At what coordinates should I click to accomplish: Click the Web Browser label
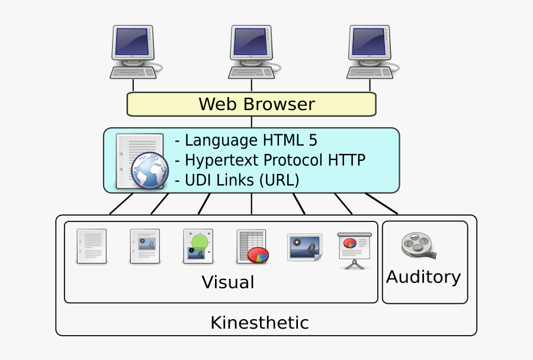click(x=256, y=104)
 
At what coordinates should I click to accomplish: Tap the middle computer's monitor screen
click(x=251, y=42)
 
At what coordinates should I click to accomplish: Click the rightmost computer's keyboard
click(x=370, y=72)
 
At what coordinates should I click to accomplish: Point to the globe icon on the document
click(x=149, y=171)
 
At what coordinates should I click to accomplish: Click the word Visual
click(x=228, y=282)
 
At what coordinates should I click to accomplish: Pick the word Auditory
click(x=423, y=277)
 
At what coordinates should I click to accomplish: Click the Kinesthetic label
click(x=259, y=323)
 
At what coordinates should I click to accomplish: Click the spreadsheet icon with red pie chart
click(x=252, y=246)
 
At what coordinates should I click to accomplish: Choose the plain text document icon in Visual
click(x=92, y=246)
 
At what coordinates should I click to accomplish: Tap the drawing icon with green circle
click(x=198, y=246)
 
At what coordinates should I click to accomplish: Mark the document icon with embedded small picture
click(x=145, y=246)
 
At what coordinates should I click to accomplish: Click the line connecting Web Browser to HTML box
click(x=252, y=122)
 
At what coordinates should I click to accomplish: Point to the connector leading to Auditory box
click(x=381, y=203)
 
